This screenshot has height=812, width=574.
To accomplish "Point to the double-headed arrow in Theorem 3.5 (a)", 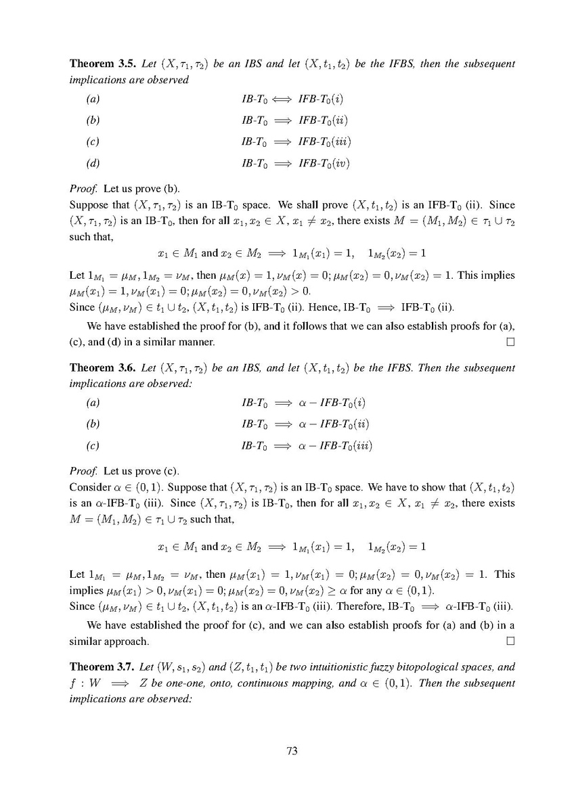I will click(282, 100).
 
